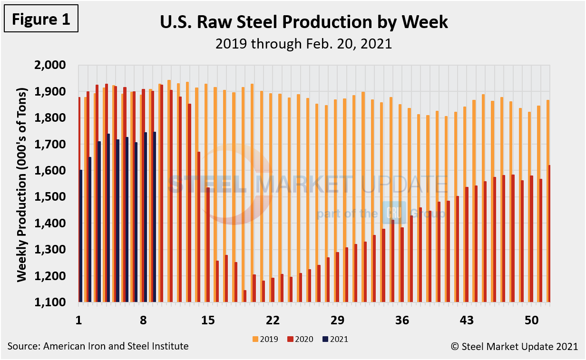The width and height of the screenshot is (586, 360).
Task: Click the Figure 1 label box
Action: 40,19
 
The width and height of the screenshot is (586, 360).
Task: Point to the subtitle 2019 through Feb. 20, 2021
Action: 303,44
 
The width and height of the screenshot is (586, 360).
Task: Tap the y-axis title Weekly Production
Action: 21,184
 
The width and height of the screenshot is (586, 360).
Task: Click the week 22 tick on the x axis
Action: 273,320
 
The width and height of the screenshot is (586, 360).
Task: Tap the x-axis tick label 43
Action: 467,320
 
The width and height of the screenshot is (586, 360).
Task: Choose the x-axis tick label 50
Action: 532,320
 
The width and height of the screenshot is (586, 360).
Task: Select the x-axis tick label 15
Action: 208,320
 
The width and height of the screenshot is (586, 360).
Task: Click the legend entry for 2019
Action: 266,339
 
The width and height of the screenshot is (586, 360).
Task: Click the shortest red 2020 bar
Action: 245,296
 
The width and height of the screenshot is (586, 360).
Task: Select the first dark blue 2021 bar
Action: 81,236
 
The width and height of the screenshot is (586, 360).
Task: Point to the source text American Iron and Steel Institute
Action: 98,346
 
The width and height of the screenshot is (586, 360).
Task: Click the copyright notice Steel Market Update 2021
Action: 514,346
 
